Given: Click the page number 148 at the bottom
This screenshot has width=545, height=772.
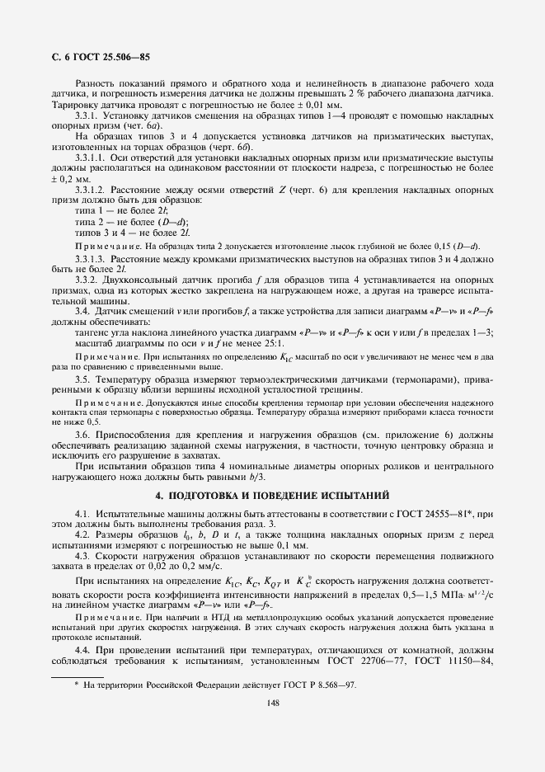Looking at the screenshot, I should click(272, 703).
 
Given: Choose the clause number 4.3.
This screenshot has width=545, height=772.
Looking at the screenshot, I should click(83, 557).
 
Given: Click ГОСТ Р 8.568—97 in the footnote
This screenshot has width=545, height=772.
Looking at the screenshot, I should click(318, 685).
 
